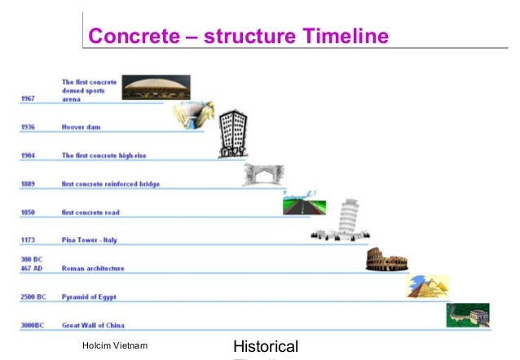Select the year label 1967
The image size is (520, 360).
pos(28,99)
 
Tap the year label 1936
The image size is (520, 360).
pos(28,128)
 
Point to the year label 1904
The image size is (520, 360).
pos(28,156)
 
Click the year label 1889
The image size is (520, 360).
pos(28,184)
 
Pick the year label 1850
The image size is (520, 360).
pos(28,213)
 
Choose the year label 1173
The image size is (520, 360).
pos(28,240)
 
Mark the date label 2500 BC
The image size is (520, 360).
pos(33,297)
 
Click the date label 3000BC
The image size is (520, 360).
pos(32,325)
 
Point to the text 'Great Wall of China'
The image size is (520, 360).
pos(98,325)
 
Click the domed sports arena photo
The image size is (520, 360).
pos(156,87)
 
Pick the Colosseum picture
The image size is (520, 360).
pos(386,260)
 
